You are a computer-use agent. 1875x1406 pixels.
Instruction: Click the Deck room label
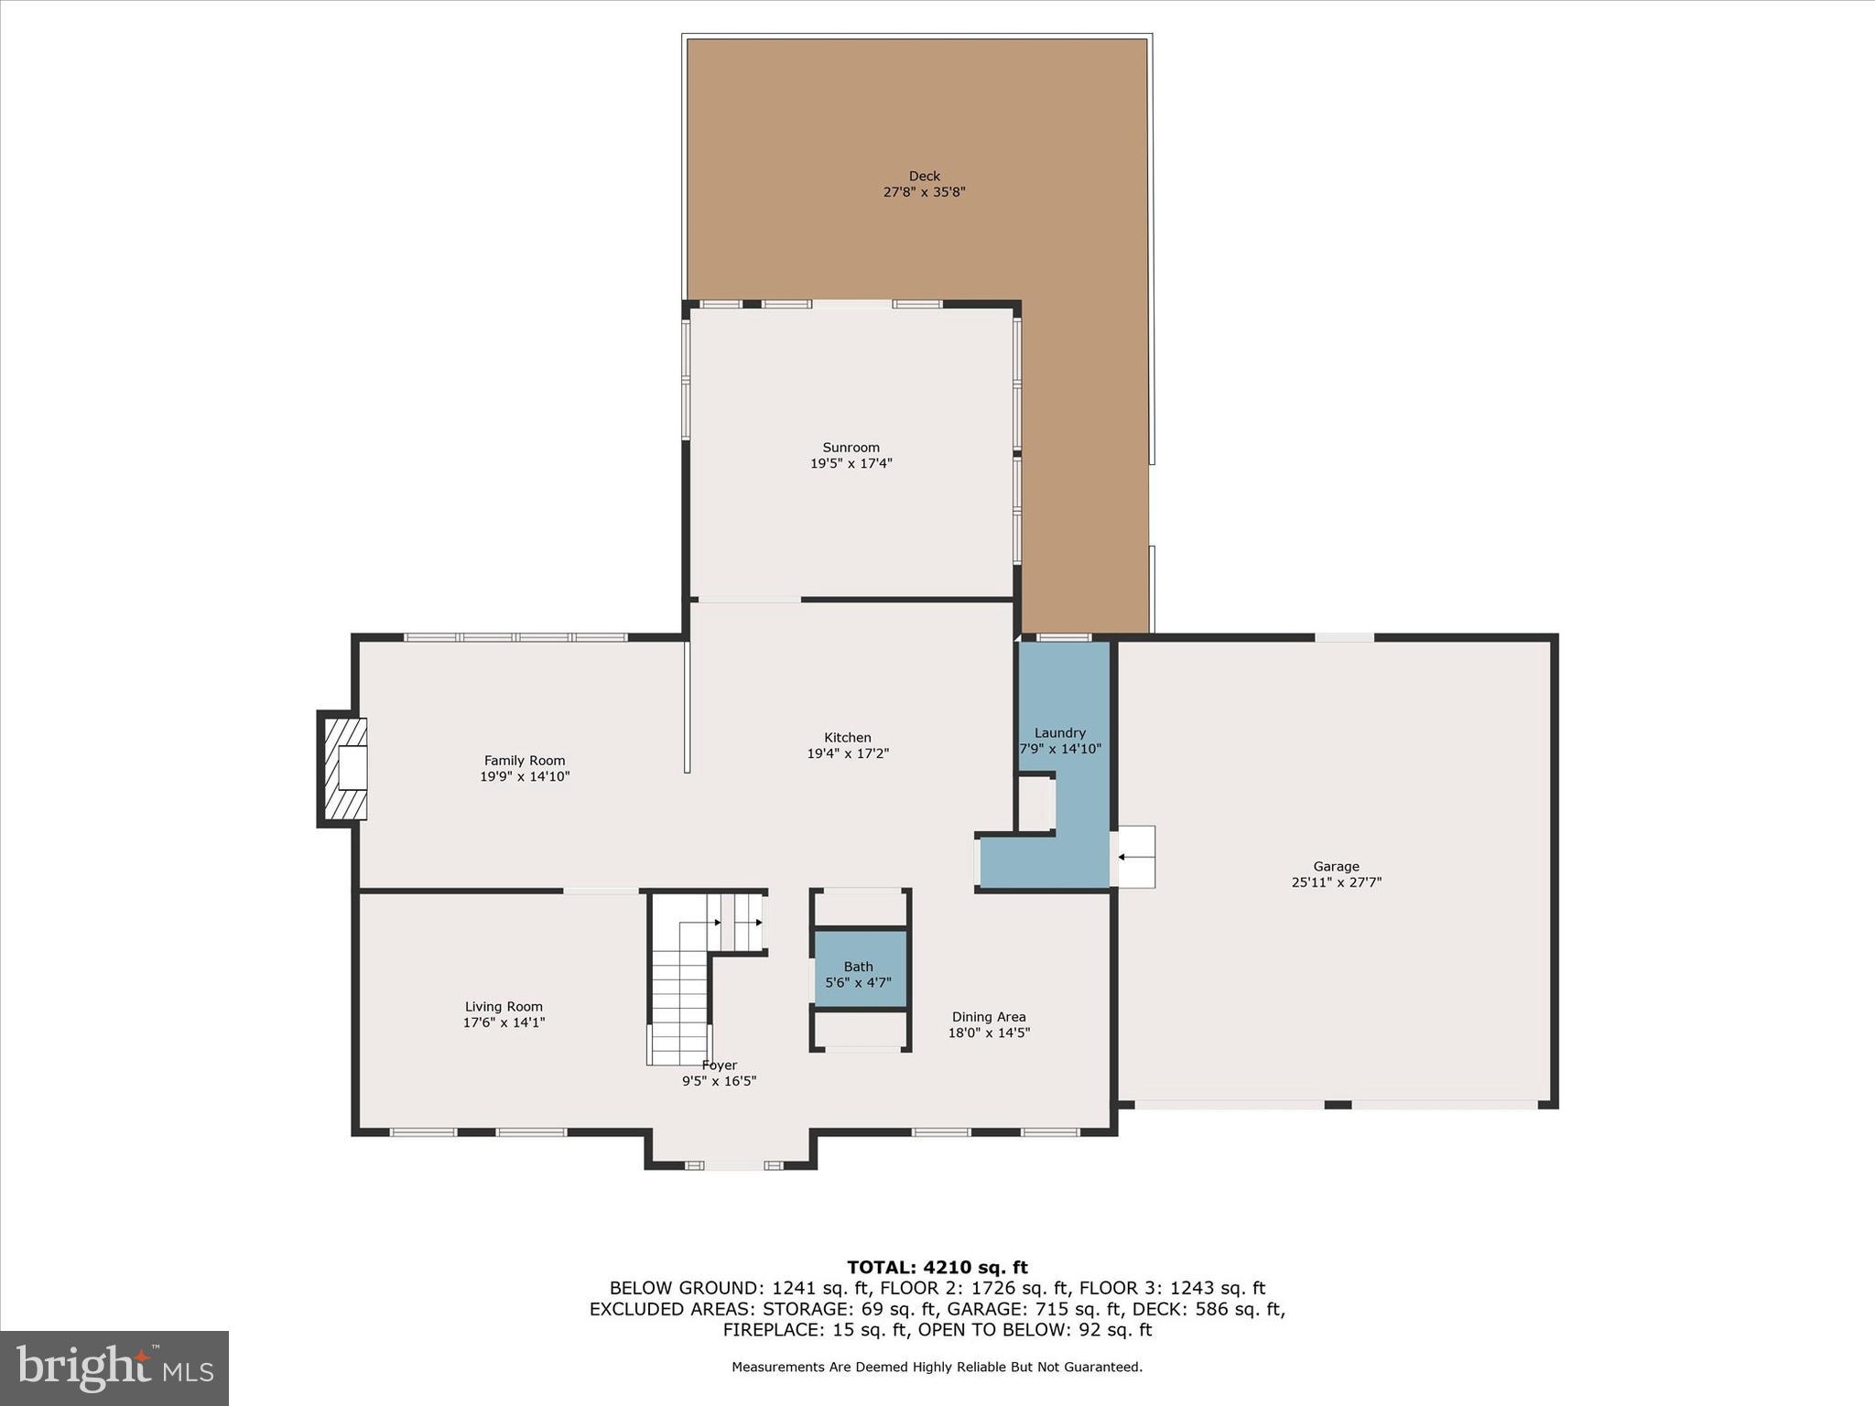point(924,176)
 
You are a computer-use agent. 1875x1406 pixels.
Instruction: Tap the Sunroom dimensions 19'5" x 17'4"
point(851,464)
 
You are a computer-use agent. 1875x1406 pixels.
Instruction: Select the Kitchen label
point(847,737)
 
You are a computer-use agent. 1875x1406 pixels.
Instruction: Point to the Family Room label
point(525,760)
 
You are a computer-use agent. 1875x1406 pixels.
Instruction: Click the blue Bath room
point(859,970)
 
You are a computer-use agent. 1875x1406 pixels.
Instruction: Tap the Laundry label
point(1059,732)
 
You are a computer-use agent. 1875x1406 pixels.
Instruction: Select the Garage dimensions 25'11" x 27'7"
point(1336,882)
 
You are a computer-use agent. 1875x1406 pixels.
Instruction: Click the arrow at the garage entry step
point(1133,858)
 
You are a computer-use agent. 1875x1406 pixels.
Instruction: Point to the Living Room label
point(504,1006)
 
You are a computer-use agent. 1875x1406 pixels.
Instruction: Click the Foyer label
point(719,1065)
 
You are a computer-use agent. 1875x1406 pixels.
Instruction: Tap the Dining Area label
point(988,1016)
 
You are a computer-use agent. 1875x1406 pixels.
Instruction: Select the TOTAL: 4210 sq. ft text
point(937,1268)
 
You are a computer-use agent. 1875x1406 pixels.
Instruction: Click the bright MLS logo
point(114,1368)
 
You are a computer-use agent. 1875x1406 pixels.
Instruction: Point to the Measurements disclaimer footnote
point(937,1368)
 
